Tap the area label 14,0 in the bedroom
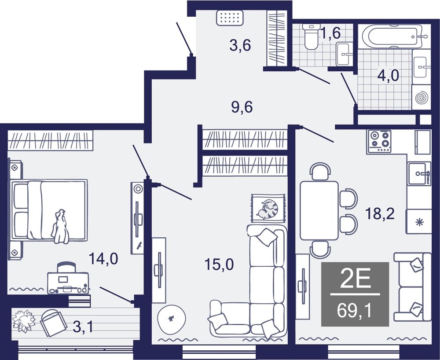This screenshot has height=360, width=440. (x=103, y=258)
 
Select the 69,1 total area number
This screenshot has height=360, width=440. (x=355, y=311)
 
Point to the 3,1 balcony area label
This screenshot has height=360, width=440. (x=83, y=327)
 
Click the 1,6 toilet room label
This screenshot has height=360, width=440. (x=330, y=33)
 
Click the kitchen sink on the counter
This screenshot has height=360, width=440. (x=419, y=174)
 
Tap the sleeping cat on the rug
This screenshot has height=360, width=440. (x=268, y=209)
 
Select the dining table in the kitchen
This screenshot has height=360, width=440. (x=319, y=210)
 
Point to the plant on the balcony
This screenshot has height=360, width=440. (x=23, y=321)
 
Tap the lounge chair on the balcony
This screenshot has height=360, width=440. (x=52, y=322)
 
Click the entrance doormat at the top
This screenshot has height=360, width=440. (x=230, y=18)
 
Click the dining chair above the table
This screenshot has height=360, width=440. (x=319, y=172)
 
